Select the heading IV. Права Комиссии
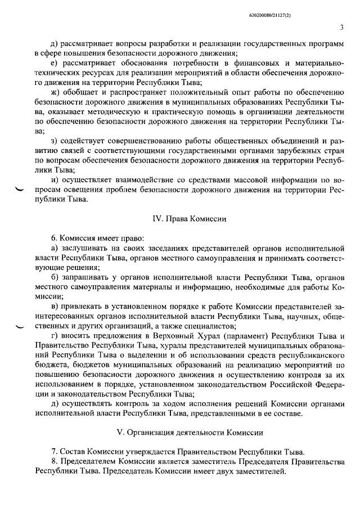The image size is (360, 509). [x=181, y=218]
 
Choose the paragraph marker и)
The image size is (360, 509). [x=54, y=179]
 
